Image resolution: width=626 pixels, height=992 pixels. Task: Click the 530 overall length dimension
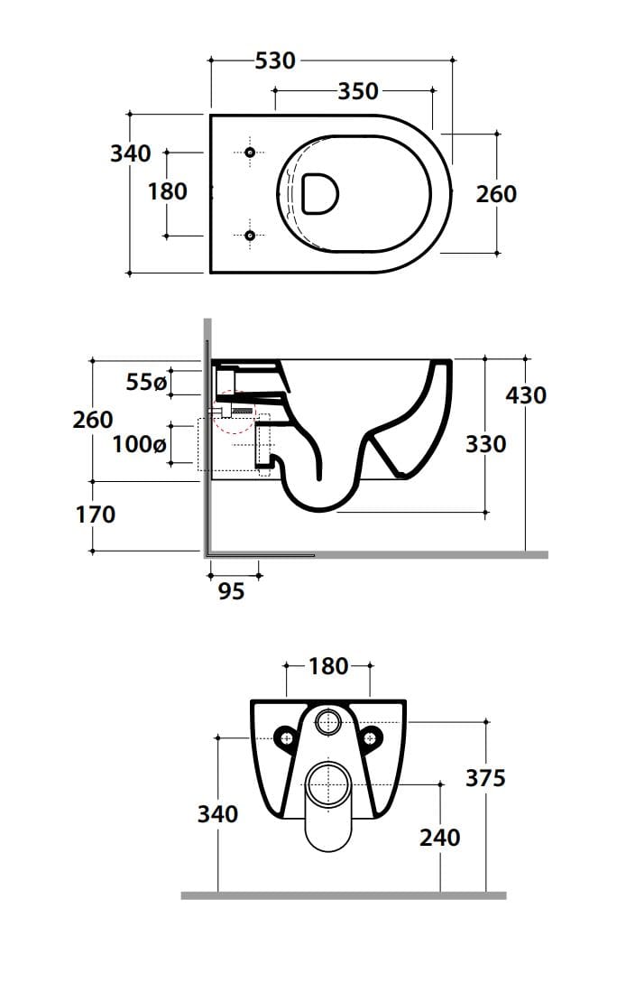pos(275,60)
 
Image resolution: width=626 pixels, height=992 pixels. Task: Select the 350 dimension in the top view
pos(358,91)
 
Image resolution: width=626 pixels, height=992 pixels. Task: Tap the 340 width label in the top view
pos(131,153)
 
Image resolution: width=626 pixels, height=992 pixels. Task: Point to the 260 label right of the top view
pos(496,193)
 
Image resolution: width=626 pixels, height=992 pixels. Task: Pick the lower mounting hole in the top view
pos(251,236)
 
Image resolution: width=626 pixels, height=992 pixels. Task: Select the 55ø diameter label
pos(146,383)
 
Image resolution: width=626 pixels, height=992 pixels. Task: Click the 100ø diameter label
pos(139,444)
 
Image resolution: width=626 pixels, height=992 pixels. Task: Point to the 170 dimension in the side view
pos(95,515)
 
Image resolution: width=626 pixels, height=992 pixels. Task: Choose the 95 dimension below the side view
pos(232,591)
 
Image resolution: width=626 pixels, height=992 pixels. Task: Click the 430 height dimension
pos(527,395)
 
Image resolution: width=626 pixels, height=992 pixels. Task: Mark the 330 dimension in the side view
pos(486,444)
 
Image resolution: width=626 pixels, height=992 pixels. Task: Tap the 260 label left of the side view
pos(93,420)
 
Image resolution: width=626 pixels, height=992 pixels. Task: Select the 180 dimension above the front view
pos(327,666)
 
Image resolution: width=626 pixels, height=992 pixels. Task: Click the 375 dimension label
pos(485,778)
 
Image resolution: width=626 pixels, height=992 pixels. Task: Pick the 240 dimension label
pos(439,838)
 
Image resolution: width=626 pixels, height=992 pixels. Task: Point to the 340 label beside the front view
pos(217,814)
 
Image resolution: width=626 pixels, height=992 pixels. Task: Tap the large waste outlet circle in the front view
pos(328,783)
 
